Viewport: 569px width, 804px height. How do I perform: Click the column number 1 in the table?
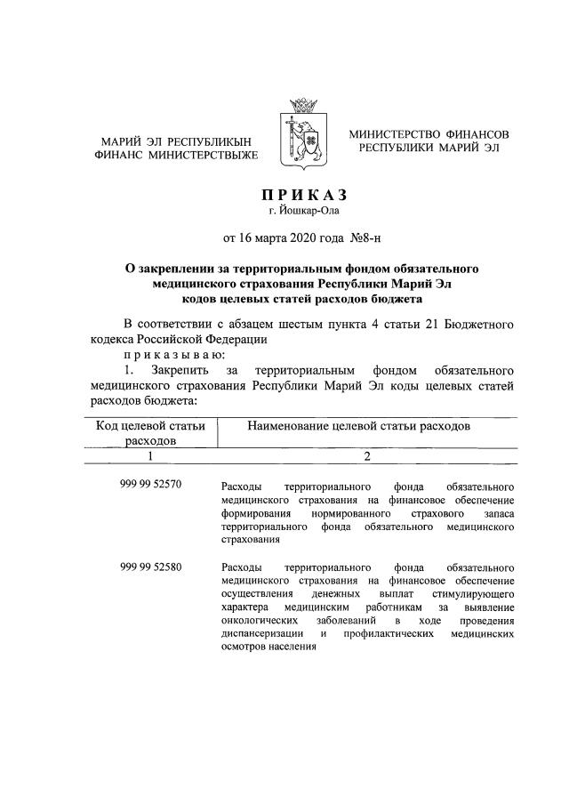150,457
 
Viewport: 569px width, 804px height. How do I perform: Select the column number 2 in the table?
366,457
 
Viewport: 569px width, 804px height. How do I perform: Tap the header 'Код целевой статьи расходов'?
150,433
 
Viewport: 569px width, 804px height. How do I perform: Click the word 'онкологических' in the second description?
258,619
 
